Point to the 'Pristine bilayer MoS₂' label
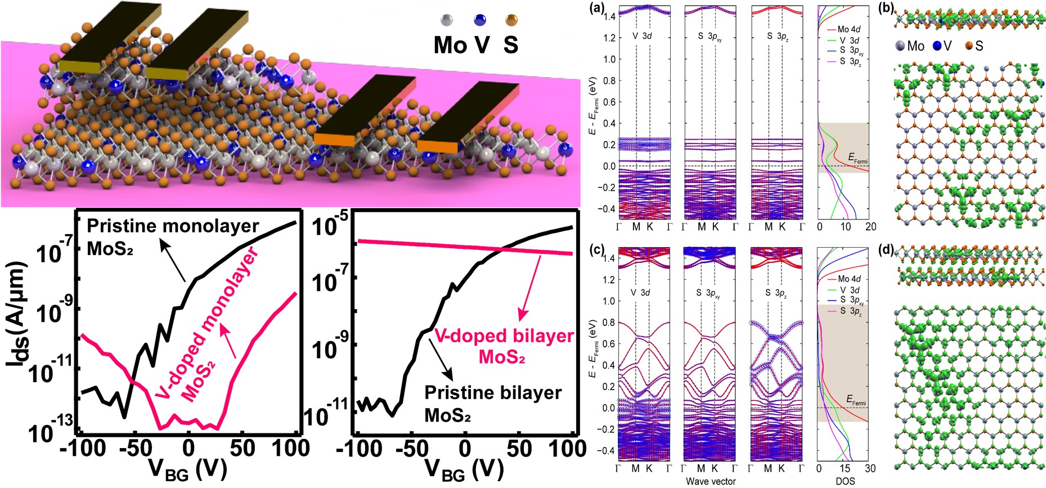click(x=493, y=403)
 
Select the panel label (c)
click(x=595, y=249)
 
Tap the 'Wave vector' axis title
click(x=711, y=481)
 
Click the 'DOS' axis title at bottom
click(x=845, y=481)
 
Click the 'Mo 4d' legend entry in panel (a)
click(x=849, y=29)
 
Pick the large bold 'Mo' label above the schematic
click(x=450, y=44)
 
